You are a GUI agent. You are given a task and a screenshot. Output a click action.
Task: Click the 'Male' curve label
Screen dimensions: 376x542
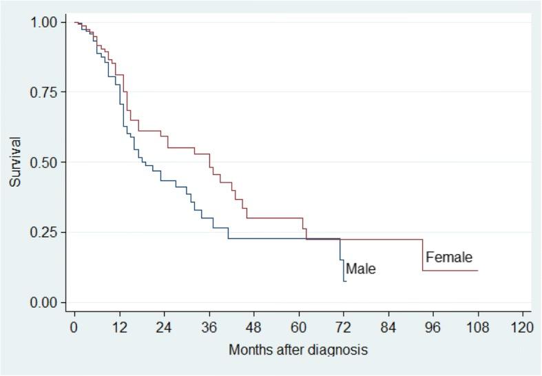tap(361, 269)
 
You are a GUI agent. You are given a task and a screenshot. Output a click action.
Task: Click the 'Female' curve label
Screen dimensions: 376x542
tap(449, 258)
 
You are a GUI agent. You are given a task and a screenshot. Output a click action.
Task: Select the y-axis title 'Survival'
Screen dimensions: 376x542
tap(15, 163)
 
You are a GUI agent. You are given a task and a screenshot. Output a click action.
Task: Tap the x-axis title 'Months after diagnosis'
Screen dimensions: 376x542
tap(298, 350)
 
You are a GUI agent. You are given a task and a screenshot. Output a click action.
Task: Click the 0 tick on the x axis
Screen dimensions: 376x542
tap(74, 327)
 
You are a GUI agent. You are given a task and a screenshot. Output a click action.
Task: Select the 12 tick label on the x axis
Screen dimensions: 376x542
tap(119, 327)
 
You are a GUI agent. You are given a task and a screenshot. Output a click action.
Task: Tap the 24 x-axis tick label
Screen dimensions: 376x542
tap(164, 327)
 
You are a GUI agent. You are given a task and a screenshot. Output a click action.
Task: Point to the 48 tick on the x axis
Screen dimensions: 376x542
tap(253, 327)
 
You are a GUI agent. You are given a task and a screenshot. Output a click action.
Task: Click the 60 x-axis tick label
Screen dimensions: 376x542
tap(298, 327)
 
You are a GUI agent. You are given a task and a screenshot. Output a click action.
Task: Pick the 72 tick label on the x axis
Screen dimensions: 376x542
tap(343, 327)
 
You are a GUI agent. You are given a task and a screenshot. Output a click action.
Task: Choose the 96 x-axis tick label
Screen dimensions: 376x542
tap(432, 327)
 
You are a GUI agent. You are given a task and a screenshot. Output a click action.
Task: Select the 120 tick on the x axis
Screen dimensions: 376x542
tap(522, 327)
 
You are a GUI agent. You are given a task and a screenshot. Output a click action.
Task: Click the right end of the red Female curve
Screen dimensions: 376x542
tap(477, 271)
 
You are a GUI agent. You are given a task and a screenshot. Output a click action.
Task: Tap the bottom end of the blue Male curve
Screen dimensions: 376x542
tap(345, 281)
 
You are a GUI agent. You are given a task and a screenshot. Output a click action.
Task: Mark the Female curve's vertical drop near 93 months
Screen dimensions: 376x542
tap(422, 255)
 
